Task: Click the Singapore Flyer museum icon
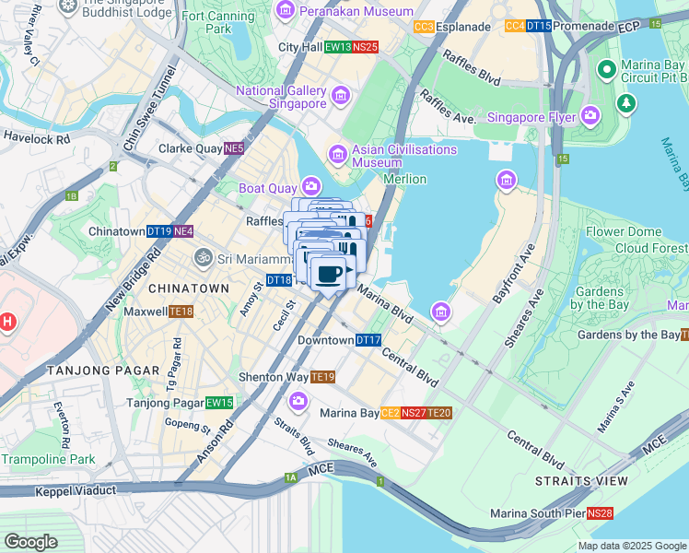point(590,117)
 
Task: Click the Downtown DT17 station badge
point(368,340)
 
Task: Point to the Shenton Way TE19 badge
point(322,377)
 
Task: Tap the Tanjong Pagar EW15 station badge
point(219,403)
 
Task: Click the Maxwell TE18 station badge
point(181,312)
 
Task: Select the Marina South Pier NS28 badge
point(601,513)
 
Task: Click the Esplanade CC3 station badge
point(424,27)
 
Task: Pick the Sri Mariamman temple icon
point(202,259)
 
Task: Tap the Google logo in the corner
point(30,542)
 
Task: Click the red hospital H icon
point(7,322)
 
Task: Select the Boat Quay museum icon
point(311,188)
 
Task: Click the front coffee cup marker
point(329,273)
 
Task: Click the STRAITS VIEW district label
point(581,481)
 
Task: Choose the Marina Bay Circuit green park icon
point(626,102)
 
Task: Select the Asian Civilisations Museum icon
point(337,153)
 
